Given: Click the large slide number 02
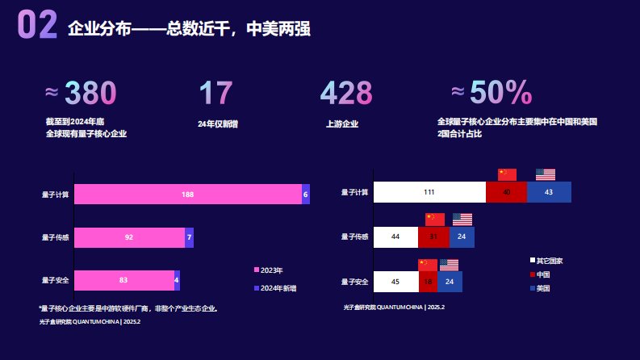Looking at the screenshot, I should click(37, 26).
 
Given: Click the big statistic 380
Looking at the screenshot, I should click(90, 94).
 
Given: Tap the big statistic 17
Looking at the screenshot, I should click(215, 94).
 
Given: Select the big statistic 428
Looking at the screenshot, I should click(346, 94).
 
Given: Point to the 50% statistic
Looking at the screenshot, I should click(500, 94).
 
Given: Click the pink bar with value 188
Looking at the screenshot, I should click(188, 195).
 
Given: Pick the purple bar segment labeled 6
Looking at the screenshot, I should click(306, 195).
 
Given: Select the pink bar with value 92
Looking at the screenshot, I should click(129, 238).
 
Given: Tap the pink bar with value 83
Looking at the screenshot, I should click(123, 280).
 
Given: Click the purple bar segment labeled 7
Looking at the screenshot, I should click(189, 238).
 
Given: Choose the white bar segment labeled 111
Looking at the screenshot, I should click(429, 192).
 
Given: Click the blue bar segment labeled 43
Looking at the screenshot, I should click(549, 192).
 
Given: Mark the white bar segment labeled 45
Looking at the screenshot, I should click(395, 281).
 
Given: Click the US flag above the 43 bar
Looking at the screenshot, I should click(546, 174).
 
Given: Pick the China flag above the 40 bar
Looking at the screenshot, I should click(507, 174).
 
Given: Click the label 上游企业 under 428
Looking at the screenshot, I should click(342, 124).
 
